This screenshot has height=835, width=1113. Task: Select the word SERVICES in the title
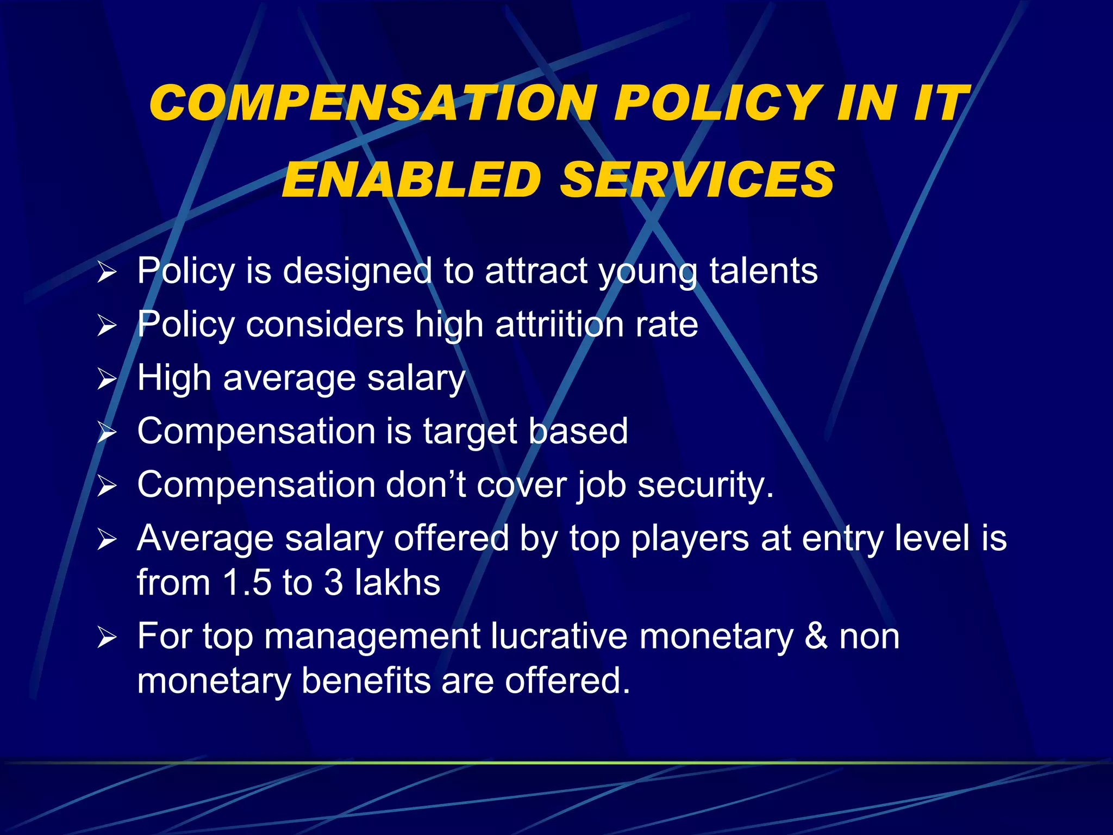(x=697, y=180)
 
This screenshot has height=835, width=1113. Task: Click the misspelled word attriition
(x=559, y=325)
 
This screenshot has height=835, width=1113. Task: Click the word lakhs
(x=397, y=582)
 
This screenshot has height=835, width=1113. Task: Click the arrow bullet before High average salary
(x=107, y=379)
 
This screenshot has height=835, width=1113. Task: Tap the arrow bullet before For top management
(x=107, y=637)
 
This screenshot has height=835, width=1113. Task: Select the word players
(x=690, y=539)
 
